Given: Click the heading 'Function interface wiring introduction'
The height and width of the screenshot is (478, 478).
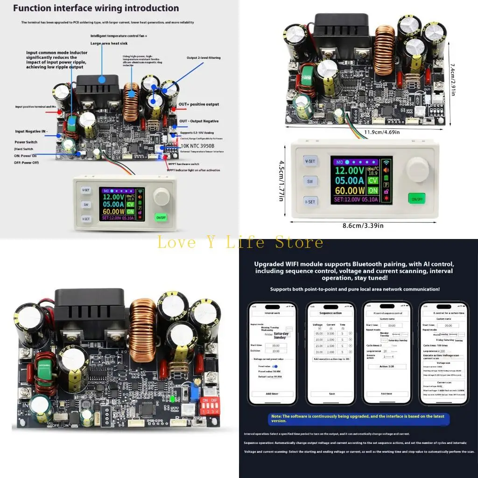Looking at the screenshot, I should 96,8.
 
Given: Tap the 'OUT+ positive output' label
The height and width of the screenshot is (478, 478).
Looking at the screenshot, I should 198,105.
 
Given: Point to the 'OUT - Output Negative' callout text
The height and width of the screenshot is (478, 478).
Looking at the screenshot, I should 198,121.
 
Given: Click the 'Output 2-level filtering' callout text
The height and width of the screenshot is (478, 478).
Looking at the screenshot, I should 204,58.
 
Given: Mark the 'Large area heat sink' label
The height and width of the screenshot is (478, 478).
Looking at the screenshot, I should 110,43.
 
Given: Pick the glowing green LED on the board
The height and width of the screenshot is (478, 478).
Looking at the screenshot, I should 173,399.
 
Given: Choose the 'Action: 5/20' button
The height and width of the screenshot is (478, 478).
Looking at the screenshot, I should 387,366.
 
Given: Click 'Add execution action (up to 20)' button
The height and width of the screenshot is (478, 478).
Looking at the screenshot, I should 331,359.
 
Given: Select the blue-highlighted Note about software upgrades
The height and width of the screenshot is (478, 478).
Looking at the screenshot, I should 358,418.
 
